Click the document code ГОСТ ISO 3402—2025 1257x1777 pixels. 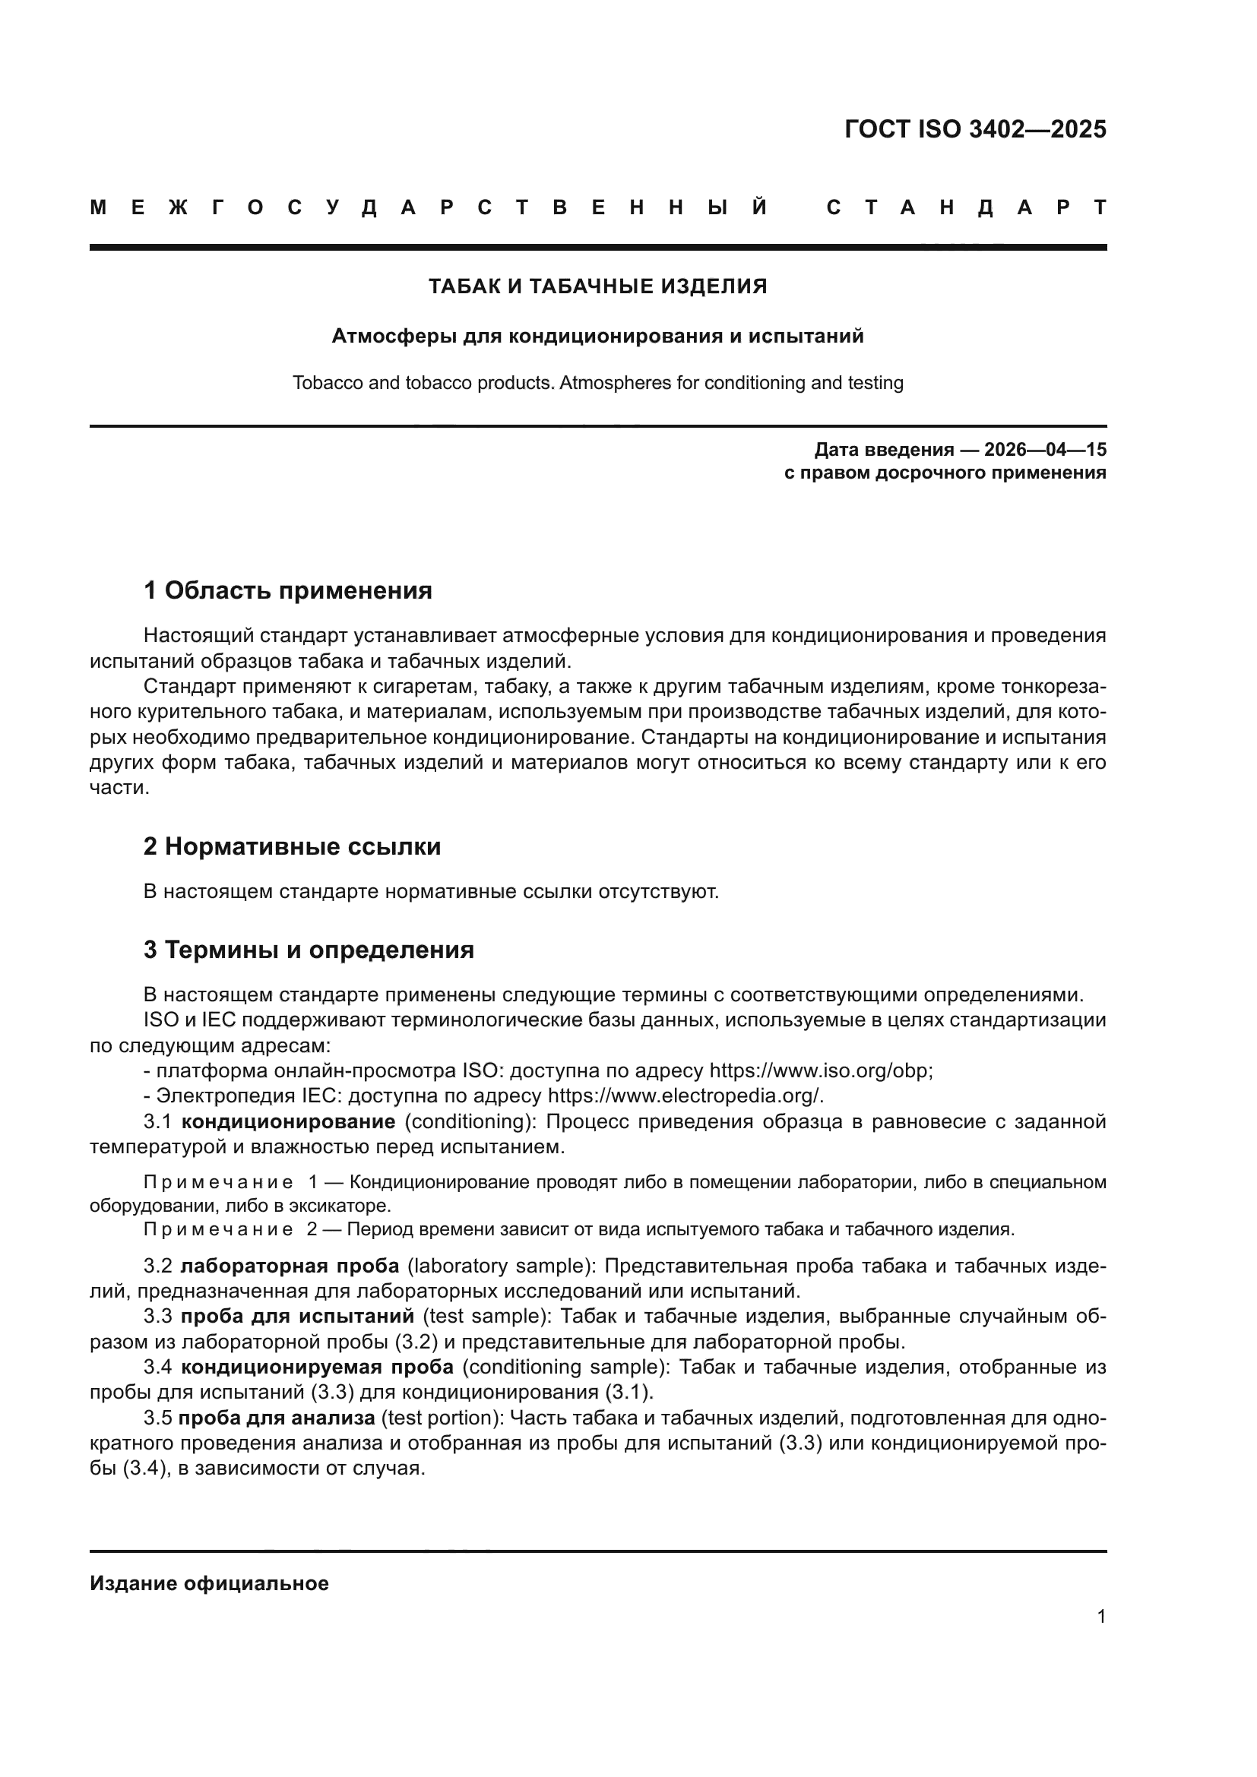975,129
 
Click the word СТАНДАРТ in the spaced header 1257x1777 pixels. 967,207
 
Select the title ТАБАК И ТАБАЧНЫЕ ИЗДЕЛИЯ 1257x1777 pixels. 597,286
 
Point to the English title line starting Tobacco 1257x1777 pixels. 597,383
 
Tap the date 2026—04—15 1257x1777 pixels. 1045,450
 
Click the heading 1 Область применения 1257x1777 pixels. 287,590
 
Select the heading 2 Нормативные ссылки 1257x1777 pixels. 292,846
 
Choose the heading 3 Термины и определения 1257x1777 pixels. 308,950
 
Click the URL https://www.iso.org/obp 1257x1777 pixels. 821,1071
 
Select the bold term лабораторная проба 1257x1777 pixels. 290,1266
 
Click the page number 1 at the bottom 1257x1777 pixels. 1100,1617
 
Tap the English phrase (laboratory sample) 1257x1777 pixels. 500,1266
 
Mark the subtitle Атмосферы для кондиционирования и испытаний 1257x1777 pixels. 597,336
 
